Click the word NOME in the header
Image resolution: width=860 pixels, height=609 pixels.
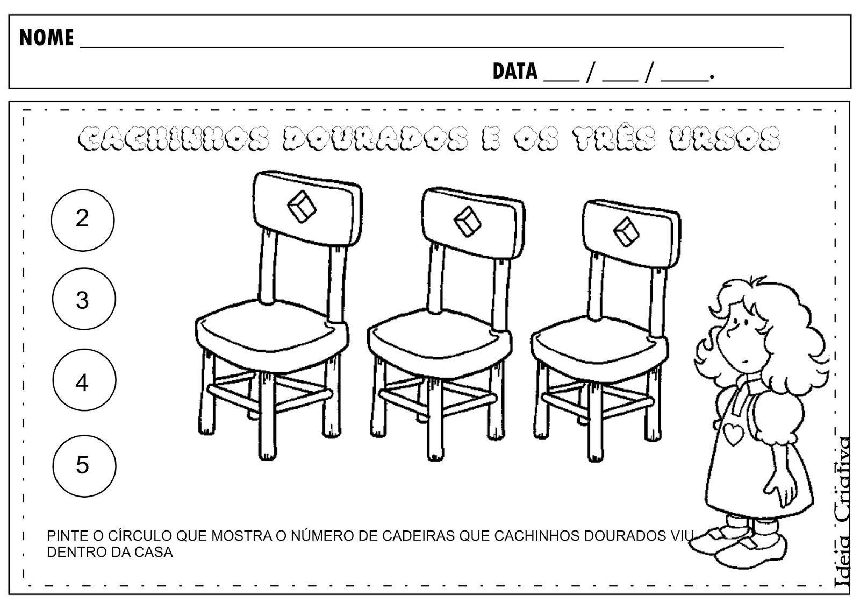[x=46, y=38]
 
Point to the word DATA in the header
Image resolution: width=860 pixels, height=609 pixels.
[x=515, y=71]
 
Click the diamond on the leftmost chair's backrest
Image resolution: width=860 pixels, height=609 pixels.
[x=302, y=207]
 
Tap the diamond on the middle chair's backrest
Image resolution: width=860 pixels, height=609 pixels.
[x=467, y=222]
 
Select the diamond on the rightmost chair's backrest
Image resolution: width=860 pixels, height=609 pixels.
[x=626, y=232]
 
